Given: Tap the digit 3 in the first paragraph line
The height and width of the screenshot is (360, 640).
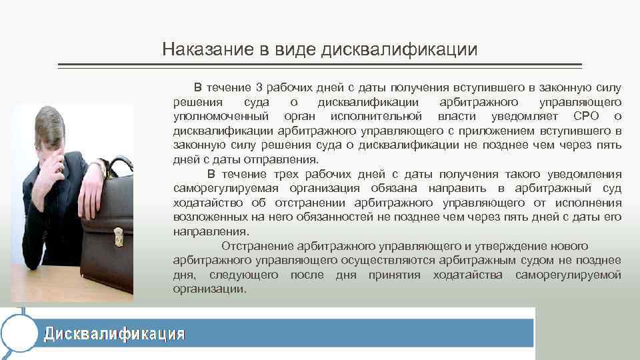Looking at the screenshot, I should click(259, 88).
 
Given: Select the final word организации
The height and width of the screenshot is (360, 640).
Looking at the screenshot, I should click(209, 289).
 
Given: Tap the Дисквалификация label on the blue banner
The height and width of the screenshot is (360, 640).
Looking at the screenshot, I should click(114, 333).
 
